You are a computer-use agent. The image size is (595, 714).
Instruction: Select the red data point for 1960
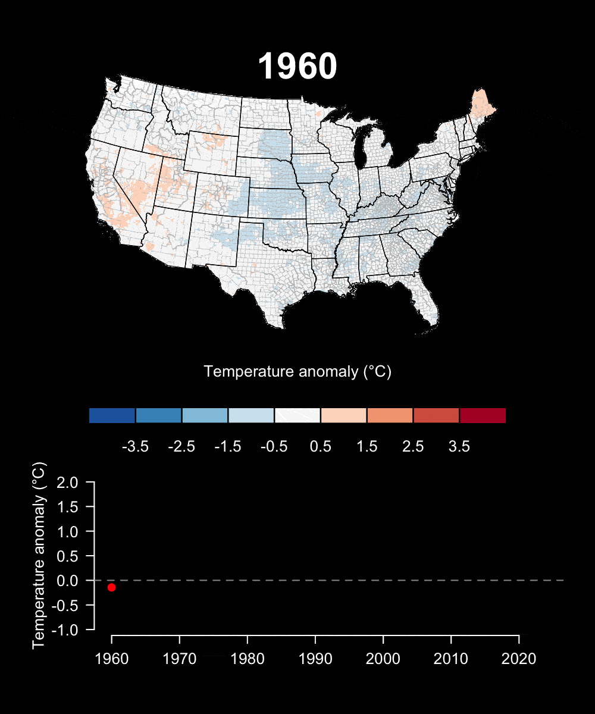(x=111, y=587)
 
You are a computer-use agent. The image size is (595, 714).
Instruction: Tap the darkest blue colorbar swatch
(x=112, y=415)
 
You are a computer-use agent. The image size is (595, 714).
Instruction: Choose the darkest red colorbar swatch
(x=483, y=415)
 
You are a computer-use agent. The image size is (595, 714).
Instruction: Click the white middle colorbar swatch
(x=297, y=415)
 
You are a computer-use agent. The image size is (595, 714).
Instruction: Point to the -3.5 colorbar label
(x=135, y=447)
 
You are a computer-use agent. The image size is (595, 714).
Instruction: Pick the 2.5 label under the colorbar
(x=413, y=447)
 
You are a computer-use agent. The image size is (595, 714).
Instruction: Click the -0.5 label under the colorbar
(x=274, y=447)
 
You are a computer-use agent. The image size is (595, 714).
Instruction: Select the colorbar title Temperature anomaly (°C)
(x=297, y=372)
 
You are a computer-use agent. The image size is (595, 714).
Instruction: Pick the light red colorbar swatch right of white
(x=344, y=415)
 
